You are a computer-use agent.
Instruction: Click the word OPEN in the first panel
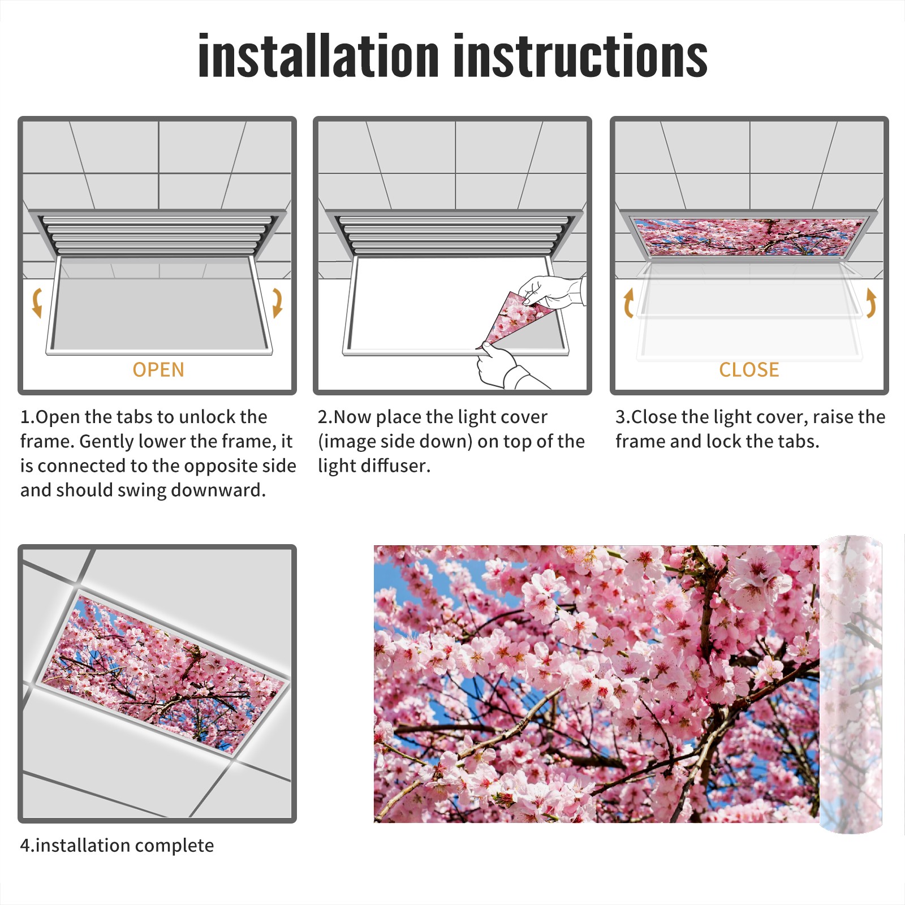[x=158, y=370]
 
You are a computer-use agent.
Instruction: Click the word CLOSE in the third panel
[x=749, y=370]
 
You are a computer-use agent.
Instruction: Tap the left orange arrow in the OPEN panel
[x=37, y=303]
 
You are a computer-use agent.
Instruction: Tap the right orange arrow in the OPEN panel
[x=277, y=303]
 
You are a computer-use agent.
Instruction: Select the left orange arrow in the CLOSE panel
[x=628, y=303]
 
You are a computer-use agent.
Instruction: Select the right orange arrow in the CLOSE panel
[x=872, y=303]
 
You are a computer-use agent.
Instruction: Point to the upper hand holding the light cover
[x=551, y=292]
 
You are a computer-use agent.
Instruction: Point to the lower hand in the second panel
[x=506, y=368]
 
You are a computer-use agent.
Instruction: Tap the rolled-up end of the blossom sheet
[x=851, y=684]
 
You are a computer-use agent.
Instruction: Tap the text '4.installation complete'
[x=117, y=845]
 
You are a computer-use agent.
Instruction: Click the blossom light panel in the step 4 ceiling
[x=164, y=673]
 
